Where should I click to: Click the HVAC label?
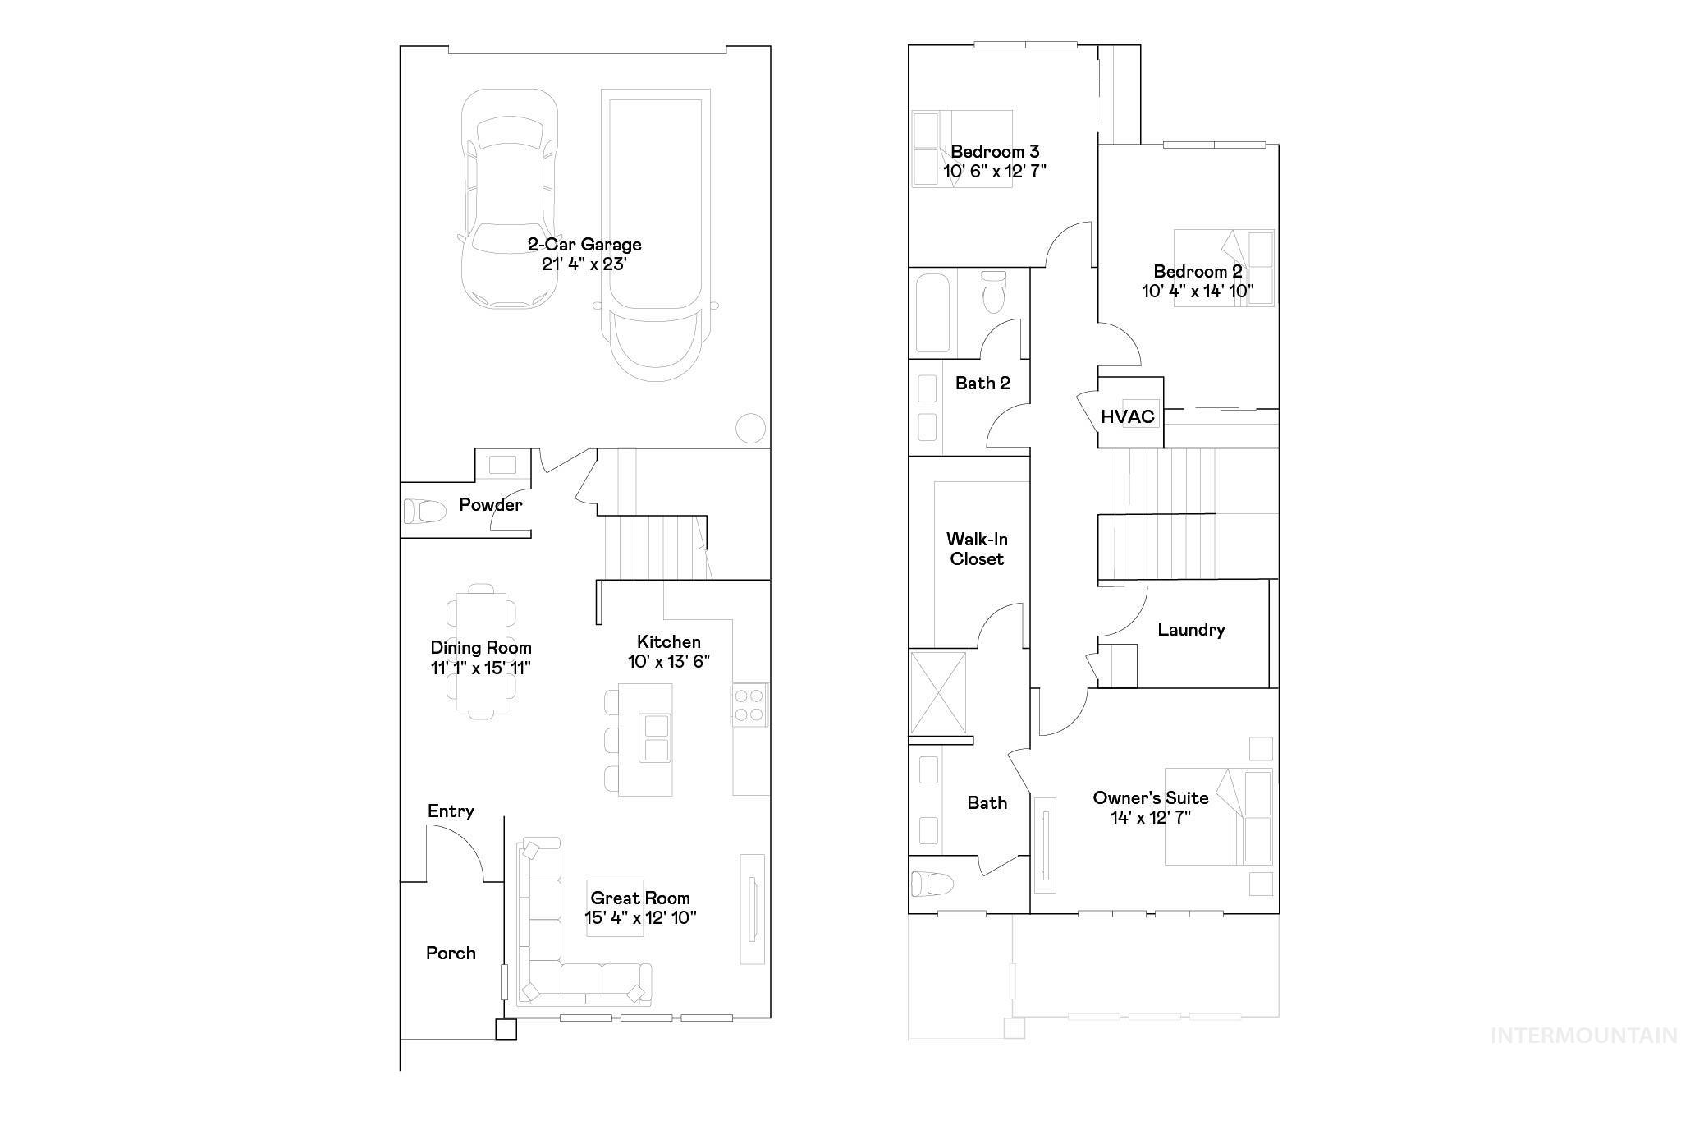click(x=1127, y=416)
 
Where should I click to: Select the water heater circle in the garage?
click(x=749, y=428)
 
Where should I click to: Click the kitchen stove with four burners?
click(x=749, y=705)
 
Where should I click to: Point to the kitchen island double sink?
click(x=657, y=738)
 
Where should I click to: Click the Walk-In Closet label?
click(x=977, y=549)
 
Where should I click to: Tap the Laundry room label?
click(x=1191, y=630)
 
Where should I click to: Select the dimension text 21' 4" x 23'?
click(x=584, y=264)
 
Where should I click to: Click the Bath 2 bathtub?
click(x=933, y=313)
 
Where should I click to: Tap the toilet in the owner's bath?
click(x=932, y=884)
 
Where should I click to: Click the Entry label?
click(x=451, y=811)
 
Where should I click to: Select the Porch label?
click(x=451, y=953)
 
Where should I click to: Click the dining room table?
click(x=481, y=650)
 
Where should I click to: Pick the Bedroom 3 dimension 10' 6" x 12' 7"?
click(x=995, y=172)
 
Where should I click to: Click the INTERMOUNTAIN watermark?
click(x=1583, y=1036)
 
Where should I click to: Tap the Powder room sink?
click(x=502, y=465)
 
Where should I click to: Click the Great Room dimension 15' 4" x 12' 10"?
click(x=640, y=918)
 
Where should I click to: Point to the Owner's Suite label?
click(x=1150, y=798)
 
